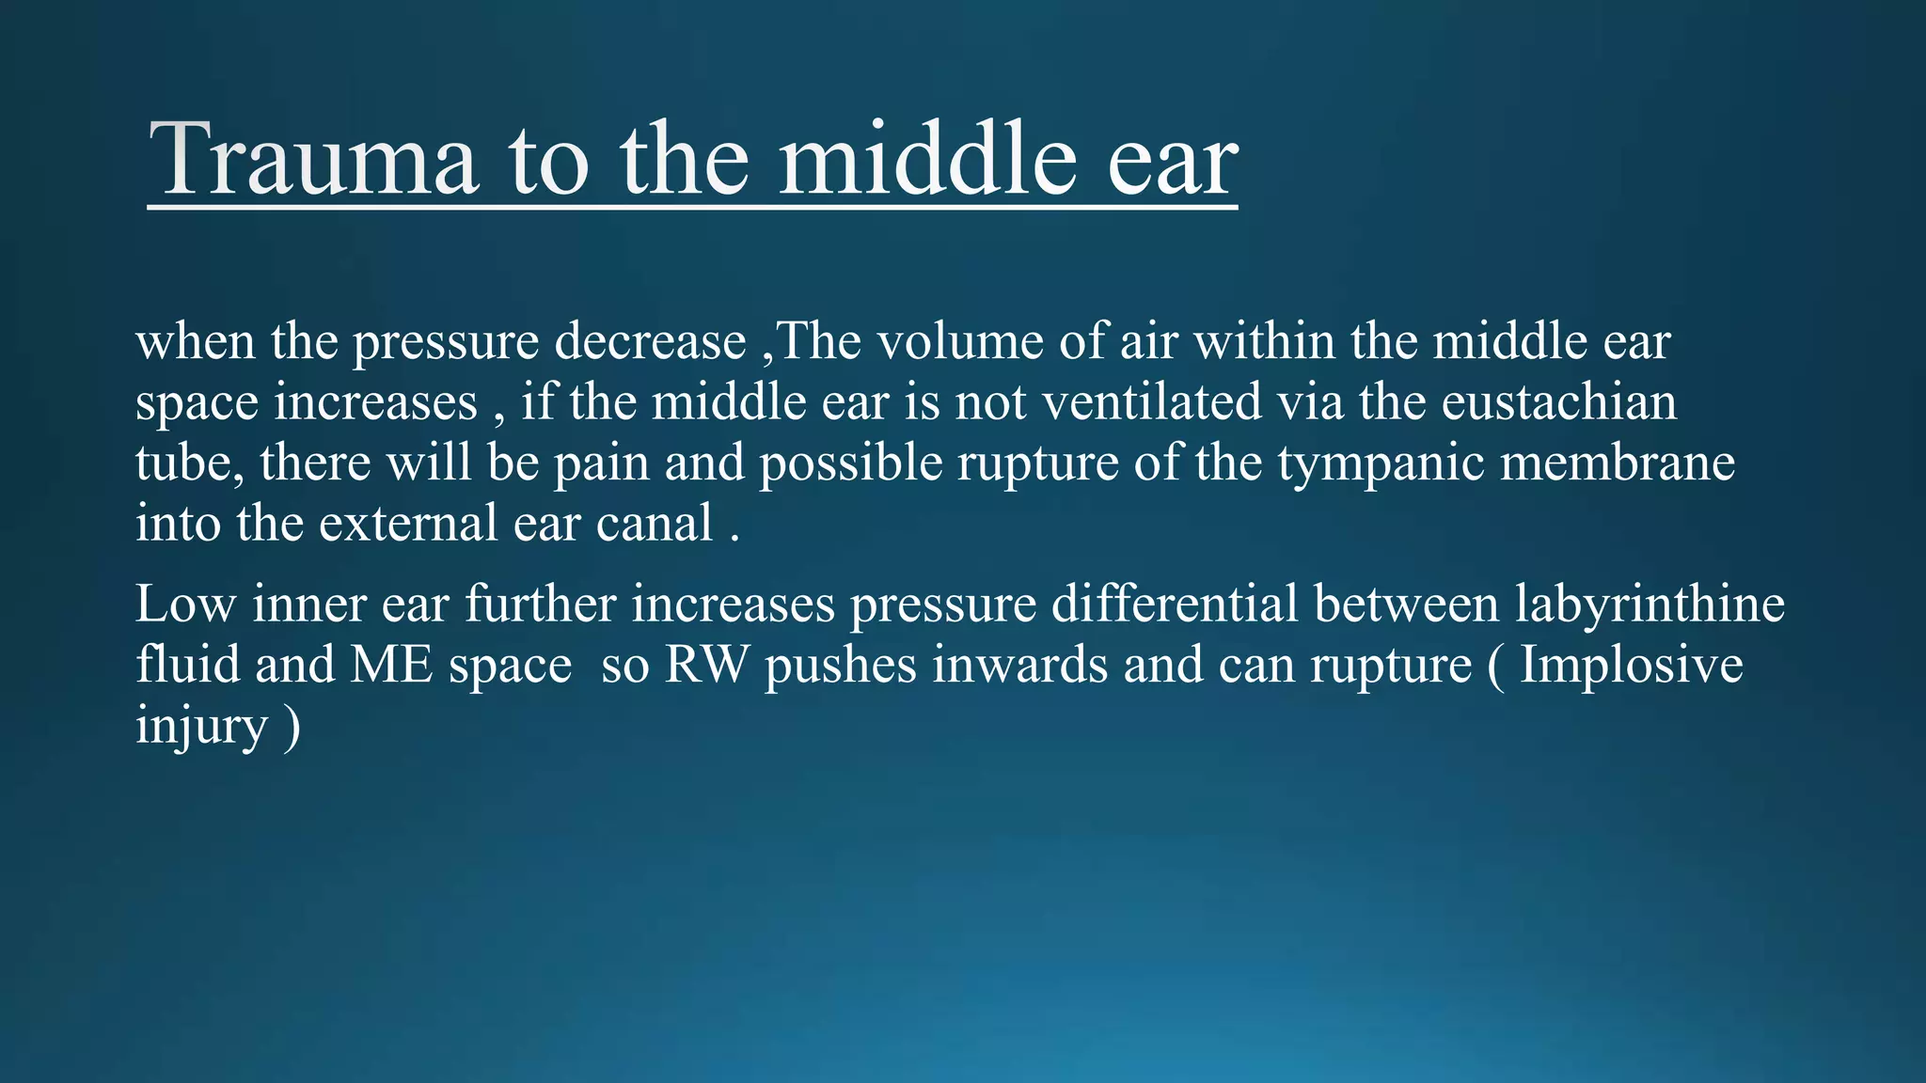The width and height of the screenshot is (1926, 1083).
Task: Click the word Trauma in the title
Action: pyautogui.click(x=313, y=160)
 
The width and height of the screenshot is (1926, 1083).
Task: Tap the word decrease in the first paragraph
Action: pyautogui.click(x=650, y=342)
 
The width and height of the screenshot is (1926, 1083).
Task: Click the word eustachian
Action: pyautogui.click(x=1558, y=402)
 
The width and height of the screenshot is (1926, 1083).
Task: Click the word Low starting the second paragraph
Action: pyautogui.click(x=185, y=604)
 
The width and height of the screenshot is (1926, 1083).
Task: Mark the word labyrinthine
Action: pyautogui.click(x=1650, y=605)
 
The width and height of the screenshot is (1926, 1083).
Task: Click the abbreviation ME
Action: pyautogui.click(x=391, y=666)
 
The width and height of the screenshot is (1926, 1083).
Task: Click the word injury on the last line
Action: pyautogui.click(x=201, y=728)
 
